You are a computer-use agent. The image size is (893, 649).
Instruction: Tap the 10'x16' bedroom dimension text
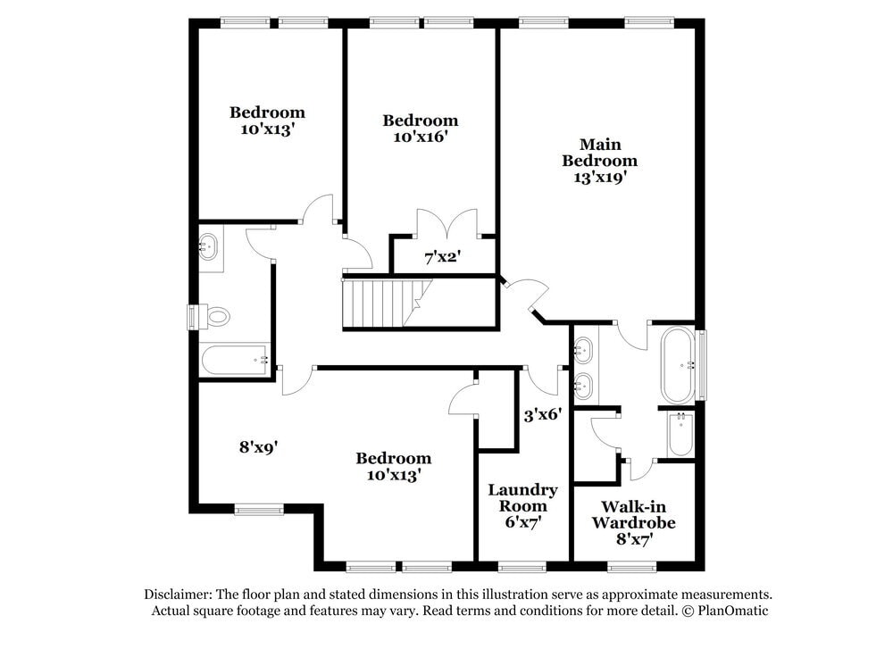420,137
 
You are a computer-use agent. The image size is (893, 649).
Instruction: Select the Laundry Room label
522,497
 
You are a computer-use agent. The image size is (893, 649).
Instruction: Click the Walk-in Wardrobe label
633,514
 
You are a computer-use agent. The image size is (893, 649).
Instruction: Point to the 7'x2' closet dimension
443,257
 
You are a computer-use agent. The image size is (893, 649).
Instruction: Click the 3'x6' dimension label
543,415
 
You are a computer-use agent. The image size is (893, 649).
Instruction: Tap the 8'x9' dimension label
258,447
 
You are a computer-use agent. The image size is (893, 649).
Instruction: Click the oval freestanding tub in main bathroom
678,365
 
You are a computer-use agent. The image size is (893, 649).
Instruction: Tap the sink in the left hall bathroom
207,246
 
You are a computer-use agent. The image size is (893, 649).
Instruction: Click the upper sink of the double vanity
583,350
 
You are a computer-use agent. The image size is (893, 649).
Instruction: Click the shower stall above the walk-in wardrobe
681,435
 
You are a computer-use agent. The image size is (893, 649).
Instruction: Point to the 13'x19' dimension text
600,178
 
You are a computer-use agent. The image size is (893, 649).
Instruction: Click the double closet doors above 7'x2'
447,223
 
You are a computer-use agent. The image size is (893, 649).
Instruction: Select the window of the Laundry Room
522,567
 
